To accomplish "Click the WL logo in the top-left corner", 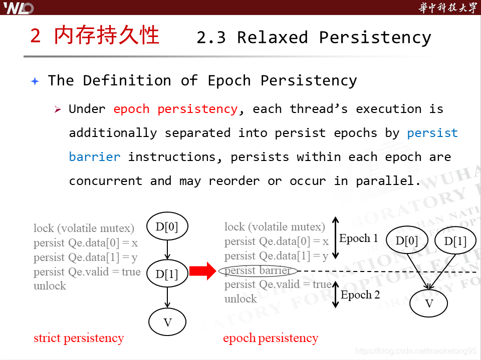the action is pos(19,7).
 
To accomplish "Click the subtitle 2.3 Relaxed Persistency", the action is pos(314,37).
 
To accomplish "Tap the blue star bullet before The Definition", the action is pos(35,81).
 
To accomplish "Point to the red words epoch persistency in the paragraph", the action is pos(175,109).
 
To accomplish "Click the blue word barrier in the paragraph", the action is pos(95,157).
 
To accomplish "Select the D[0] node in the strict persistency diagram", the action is pos(167,226).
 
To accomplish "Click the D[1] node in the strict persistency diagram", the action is pos(167,273).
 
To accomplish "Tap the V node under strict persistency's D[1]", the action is pos(167,322).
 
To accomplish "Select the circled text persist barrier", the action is pos(258,270).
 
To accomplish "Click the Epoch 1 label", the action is pos(358,238).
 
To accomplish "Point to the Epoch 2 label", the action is pos(360,295).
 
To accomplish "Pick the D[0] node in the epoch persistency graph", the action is pos(406,241).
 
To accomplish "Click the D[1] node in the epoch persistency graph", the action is pos(455,241).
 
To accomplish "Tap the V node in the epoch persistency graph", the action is pos(429,303).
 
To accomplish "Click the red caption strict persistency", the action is pos(79,338).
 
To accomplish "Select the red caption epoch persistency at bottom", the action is pos(271,338).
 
